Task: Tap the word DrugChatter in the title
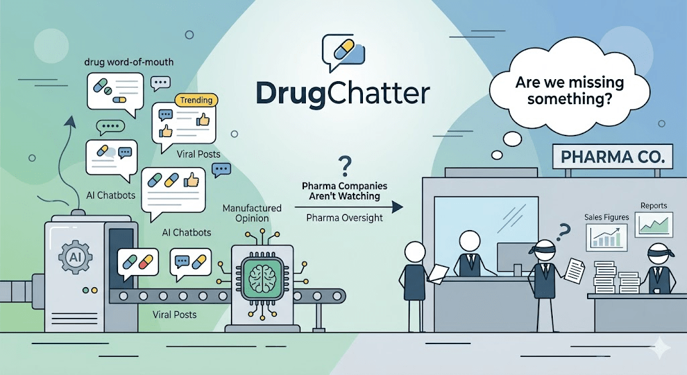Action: pos(343,93)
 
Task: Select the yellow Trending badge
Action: pos(197,101)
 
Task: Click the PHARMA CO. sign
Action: pos(612,156)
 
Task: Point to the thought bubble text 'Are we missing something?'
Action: pos(570,91)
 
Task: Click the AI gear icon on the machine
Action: pos(75,257)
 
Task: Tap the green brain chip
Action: pos(262,278)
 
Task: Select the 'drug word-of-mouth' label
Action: pos(129,62)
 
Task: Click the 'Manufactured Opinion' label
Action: pos(252,213)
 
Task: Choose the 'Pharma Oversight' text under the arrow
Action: pos(344,218)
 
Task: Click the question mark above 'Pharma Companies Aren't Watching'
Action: pos(345,167)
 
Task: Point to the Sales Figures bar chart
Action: pos(606,237)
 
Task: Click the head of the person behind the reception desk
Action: pos(470,242)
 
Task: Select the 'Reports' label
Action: pos(653,205)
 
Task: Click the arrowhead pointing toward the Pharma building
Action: pos(397,207)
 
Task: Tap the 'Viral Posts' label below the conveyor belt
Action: pos(174,315)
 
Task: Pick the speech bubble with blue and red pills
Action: pos(138,264)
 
